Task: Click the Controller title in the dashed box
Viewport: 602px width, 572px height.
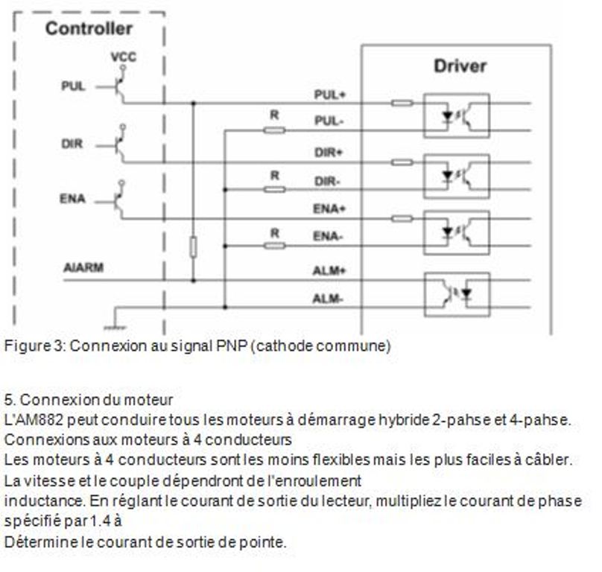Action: pos(89,29)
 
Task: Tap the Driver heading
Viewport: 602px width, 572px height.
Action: pos(460,66)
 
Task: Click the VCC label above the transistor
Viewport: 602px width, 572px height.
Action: pos(123,57)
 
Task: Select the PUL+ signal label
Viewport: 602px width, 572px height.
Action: pos(330,95)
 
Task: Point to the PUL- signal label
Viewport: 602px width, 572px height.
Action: pos(329,121)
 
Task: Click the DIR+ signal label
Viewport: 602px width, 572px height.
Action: pos(329,153)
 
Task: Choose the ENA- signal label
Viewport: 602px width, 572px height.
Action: pos(327,236)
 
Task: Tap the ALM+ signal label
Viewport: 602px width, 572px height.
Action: pos(329,271)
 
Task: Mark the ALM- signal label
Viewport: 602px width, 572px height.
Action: pos(328,299)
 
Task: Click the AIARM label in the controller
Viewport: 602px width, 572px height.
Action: pos(83,267)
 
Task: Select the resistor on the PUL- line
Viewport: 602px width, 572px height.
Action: pos(274,131)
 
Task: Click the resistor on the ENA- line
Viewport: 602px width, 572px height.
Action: pos(274,246)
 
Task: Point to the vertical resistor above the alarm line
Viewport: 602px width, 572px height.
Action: pos(194,247)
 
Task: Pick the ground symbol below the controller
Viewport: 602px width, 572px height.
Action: pos(115,328)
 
